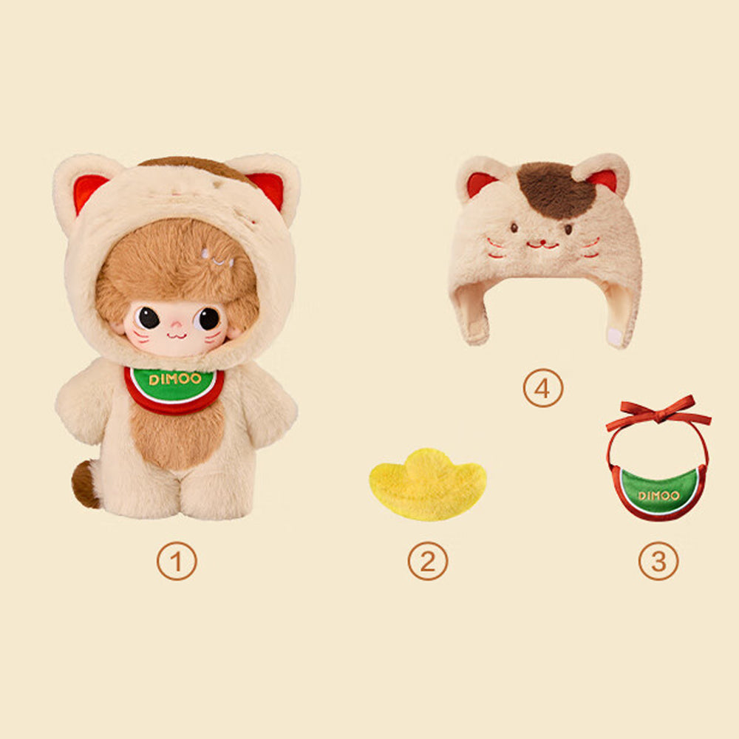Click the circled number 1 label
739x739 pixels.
pos(177,561)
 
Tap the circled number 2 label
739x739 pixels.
pos(428,561)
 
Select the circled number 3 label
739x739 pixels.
pos(658,561)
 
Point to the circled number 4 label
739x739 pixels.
pos(543,388)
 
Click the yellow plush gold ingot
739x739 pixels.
pos(427,486)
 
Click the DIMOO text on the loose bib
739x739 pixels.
pos(658,495)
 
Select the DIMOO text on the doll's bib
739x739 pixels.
pos(175,378)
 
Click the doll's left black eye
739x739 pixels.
pos(149,318)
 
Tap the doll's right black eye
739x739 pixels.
pos(208,319)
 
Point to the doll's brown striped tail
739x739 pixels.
pos(85,484)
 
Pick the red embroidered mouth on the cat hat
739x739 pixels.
pos(542,245)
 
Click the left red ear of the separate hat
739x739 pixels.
pos(480,183)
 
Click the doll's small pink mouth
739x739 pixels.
pos(177,335)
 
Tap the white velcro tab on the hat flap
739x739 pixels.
pos(615,336)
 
